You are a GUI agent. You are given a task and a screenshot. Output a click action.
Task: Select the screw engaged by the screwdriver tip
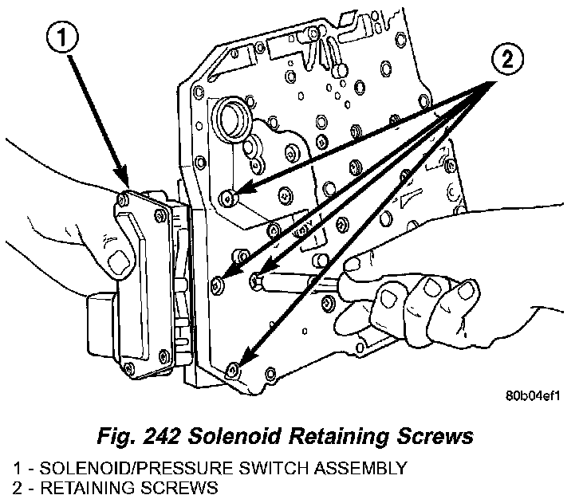pyautogui.click(x=257, y=278)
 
